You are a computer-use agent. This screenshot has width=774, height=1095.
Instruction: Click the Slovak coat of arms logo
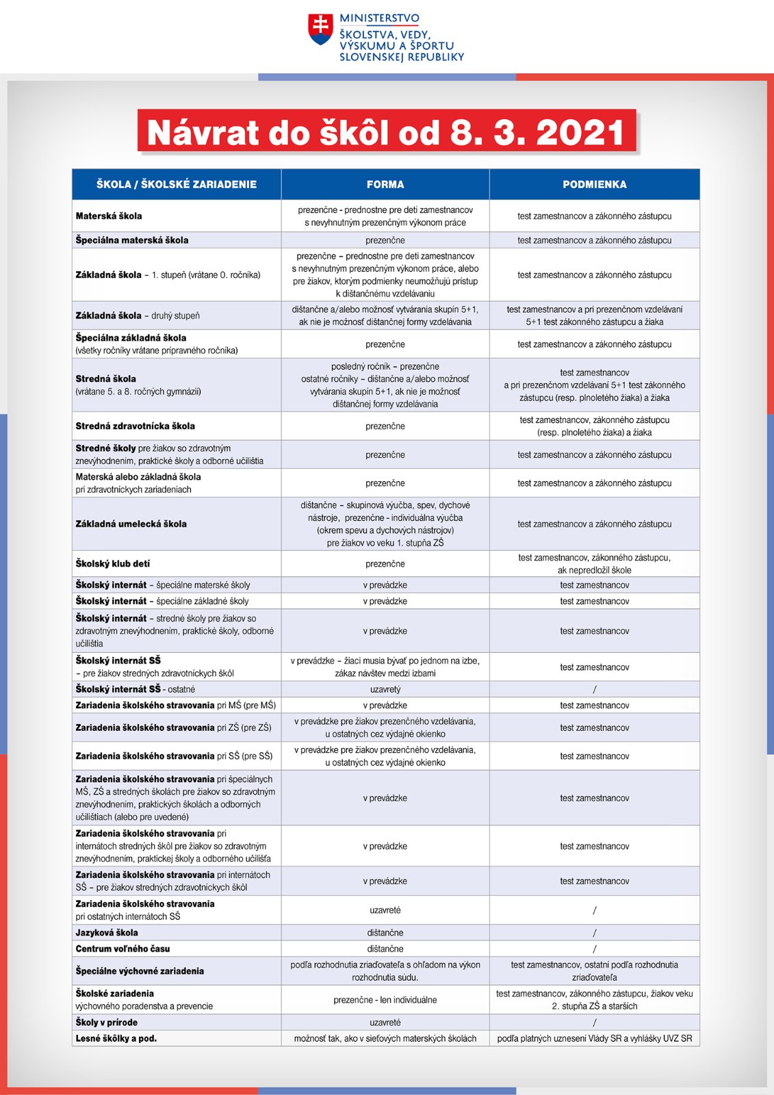pos(320,30)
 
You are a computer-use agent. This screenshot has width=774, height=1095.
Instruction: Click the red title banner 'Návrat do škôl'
pos(386,131)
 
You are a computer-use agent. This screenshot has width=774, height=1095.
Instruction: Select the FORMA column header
pos(385,184)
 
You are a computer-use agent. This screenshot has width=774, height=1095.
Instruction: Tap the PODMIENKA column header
pos(594,184)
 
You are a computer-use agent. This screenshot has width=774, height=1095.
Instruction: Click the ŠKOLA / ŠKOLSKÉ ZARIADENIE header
pos(177,184)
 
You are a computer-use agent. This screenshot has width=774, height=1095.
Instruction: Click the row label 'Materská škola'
pos(109,216)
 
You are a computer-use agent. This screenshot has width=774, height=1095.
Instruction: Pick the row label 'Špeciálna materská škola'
pos(132,240)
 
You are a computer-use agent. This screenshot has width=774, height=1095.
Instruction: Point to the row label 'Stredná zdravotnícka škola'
pos(136,426)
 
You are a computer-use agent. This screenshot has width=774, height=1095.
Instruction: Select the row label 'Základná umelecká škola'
pos(131,524)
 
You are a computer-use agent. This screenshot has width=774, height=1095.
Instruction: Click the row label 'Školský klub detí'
pos(113,564)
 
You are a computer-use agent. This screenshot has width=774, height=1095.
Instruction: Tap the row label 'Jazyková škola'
pos(107,933)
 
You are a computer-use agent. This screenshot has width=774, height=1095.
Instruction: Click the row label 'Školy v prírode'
pos(107,1022)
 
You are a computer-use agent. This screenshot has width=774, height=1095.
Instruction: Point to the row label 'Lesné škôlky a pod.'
pos(116,1038)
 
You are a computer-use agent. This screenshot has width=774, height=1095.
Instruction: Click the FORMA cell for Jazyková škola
pos(385,933)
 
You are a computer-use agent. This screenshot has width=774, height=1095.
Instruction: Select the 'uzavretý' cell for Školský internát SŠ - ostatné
pos(385,689)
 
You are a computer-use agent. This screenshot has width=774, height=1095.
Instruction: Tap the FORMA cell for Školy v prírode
pos(385,1022)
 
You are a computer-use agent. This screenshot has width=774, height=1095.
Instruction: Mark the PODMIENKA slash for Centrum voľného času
pos(594,949)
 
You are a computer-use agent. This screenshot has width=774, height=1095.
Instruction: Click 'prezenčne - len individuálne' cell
pos(385,1000)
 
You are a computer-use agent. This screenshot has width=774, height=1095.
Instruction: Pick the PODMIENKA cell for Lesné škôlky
pos(594,1038)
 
